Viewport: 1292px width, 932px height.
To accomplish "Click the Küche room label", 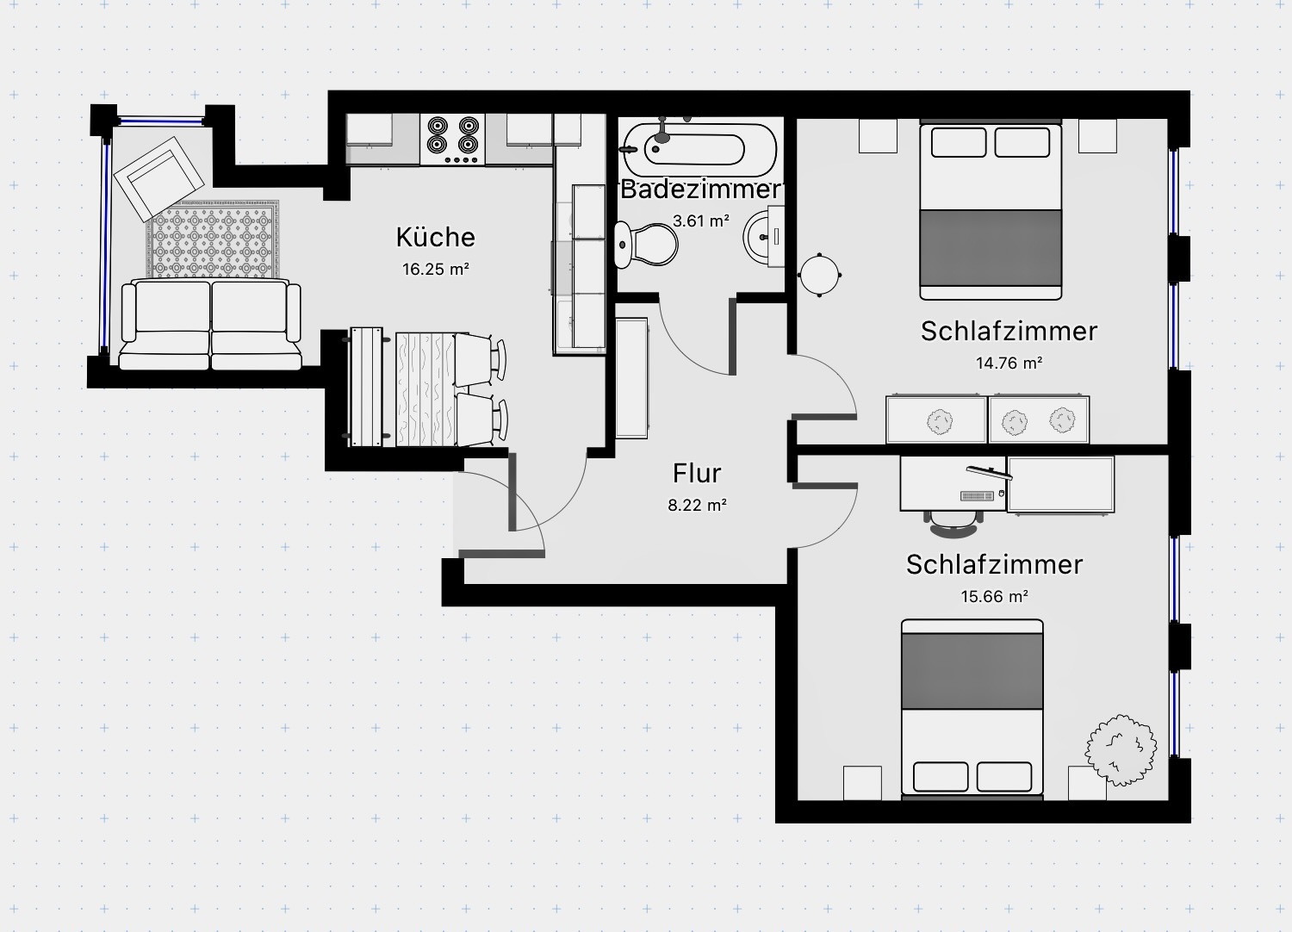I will pos(435,237).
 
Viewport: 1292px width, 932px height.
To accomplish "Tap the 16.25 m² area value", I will pos(435,269).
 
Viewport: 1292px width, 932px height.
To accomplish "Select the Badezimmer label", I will pos(699,190).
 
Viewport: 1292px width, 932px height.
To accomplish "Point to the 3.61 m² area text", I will pos(700,221).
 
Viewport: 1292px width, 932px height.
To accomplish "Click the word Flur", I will pos(697,473).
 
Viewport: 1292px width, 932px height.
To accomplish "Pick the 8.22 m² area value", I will pos(697,505).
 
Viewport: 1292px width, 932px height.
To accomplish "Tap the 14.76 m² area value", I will pos(1009,363).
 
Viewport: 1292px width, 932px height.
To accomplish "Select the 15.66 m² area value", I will pos(994,596).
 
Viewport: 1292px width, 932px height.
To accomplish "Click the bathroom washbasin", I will pos(764,234).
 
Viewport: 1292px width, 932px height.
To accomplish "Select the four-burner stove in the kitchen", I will pos(453,140).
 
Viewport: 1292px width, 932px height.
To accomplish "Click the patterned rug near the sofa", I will pos(214,239).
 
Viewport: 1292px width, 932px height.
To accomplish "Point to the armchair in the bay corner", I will pos(163,177).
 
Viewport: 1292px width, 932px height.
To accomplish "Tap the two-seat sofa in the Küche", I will pos(211,324).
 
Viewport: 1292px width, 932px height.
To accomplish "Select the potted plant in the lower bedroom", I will pos(1120,749).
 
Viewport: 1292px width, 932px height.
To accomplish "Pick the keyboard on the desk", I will pos(976,495).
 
